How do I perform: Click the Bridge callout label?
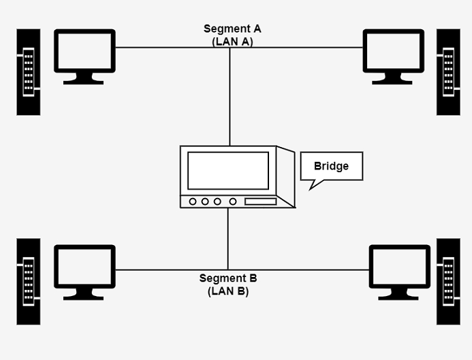pyautogui.click(x=332, y=166)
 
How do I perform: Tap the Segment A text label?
pyautogui.click(x=232, y=29)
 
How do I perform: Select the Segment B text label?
pyautogui.click(x=228, y=278)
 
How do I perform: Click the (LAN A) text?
pyautogui.click(x=232, y=41)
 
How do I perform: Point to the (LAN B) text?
pyautogui.click(x=228, y=291)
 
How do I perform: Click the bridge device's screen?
pyautogui.click(x=227, y=170)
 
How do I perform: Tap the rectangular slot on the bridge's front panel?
pyautogui.click(x=260, y=201)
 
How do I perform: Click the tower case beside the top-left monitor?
pyautogui.click(x=29, y=71)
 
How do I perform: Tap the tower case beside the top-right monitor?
pyautogui.click(x=448, y=71)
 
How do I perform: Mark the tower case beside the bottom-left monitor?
pyautogui.click(x=29, y=280)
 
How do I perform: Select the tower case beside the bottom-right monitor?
pyautogui.click(x=448, y=280)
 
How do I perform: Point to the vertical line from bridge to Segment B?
pyautogui.click(x=228, y=238)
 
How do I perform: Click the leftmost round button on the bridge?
pyautogui.click(x=193, y=201)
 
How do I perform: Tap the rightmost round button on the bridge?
pyautogui.click(x=233, y=201)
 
